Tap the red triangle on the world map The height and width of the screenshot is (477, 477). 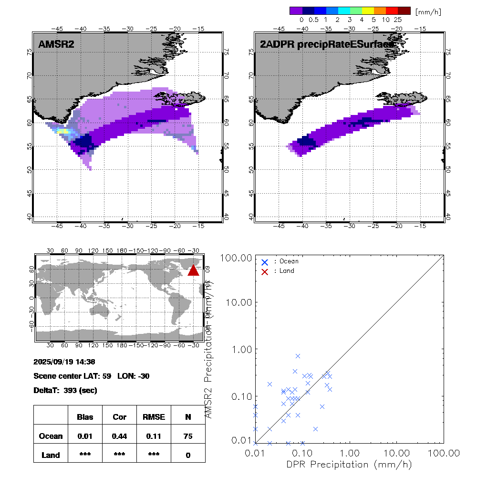193,270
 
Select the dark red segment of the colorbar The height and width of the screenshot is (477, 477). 404,10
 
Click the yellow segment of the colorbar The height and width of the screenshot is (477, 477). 368,10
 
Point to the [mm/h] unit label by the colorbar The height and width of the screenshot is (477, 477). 428,11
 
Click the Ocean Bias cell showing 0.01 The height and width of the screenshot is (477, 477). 85,436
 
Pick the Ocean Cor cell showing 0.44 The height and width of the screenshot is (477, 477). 119,436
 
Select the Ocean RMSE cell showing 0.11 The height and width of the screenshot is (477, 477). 154,436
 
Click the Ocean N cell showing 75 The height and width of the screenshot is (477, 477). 188,436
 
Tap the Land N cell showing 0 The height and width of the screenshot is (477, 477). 188,455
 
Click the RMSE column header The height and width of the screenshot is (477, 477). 154,417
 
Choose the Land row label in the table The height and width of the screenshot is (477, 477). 51,455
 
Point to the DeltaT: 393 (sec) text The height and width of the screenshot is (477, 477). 65,390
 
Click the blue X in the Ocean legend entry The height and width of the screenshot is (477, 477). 265,262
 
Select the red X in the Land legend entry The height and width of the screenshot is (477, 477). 265,271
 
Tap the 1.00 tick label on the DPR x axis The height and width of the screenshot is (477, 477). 350,452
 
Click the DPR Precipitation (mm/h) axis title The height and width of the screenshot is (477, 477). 350,464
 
